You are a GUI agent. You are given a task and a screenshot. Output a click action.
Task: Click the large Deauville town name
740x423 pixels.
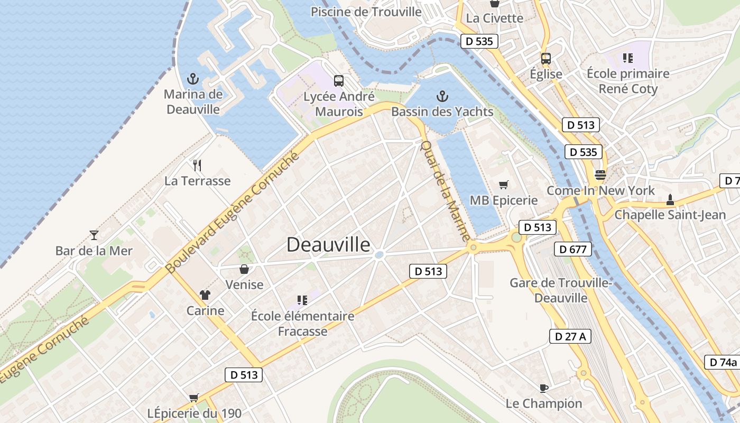pyautogui.click(x=328, y=244)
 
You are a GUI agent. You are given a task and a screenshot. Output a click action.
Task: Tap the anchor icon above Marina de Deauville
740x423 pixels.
pyautogui.click(x=193, y=79)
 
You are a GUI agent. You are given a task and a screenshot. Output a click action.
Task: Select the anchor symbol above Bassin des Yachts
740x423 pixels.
pyautogui.click(x=442, y=96)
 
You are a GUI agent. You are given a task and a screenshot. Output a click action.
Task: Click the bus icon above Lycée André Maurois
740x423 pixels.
pyautogui.click(x=339, y=81)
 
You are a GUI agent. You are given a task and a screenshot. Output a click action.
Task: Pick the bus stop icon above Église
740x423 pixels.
pyautogui.click(x=546, y=59)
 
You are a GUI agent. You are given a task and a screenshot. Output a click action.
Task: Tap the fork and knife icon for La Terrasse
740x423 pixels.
pyautogui.click(x=197, y=165)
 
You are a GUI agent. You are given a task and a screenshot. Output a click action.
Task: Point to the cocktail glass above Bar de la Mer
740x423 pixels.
pyautogui.click(x=94, y=235)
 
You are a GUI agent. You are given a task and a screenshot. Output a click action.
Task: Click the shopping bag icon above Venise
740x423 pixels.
pyautogui.click(x=244, y=269)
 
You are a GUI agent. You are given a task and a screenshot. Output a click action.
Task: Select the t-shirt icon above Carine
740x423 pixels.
pyautogui.click(x=205, y=295)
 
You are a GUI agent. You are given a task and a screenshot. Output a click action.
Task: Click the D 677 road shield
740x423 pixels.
pyautogui.click(x=573, y=249)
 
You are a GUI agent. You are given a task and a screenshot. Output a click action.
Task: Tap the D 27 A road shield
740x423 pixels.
pyautogui.click(x=570, y=336)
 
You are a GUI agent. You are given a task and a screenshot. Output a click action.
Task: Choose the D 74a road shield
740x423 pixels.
pyautogui.click(x=723, y=362)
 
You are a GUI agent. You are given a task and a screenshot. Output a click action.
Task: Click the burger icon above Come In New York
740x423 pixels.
pyautogui.click(x=600, y=175)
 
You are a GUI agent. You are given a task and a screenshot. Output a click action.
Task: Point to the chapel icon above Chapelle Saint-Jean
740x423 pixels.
pyautogui.click(x=670, y=200)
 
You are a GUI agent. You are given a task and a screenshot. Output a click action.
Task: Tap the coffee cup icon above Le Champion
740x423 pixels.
pyautogui.click(x=543, y=388)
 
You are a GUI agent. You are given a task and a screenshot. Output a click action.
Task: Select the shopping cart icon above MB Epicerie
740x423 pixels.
pyautogui.click(x=503, y=185)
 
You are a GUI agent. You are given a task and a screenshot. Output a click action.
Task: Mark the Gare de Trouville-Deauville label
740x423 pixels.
pyautogui.click(x=560, y=290)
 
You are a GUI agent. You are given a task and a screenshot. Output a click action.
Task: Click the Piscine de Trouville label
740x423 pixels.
pyautogui.click(x=366, y=12)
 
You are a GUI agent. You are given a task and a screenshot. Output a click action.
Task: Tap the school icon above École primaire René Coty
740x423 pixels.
pyautogui.click(x=628, y=58)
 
